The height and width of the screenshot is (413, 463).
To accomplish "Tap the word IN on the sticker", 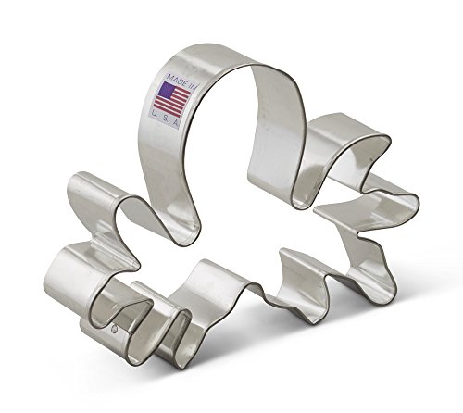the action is pos(192,86).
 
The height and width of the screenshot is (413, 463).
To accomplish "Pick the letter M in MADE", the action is pos(169,76).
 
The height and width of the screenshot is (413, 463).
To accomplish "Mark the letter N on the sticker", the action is pos(194,87).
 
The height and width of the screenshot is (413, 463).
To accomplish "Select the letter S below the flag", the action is pos(165,118).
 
